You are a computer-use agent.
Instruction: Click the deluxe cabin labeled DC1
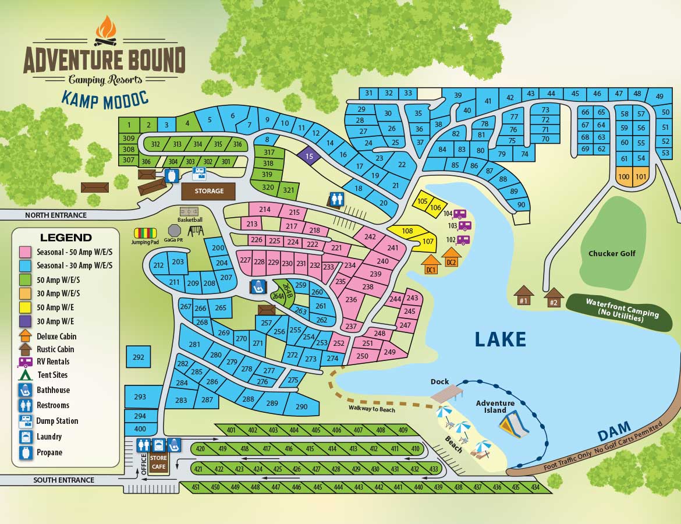click(x=431, y=264)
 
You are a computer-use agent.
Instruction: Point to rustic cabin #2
click(x=554, y=297)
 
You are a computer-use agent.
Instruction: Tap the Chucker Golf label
click(x=612, y=253)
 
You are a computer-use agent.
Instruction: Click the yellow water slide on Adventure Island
click(x=514, y=423)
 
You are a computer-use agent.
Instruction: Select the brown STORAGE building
click(x=208, y=191)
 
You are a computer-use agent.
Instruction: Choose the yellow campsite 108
click(x=407, y=231)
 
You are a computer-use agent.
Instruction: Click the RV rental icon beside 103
click(x=464, y=226)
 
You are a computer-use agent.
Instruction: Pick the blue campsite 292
click(x=138, y=357)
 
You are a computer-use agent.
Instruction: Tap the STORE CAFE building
click(x=158, y=462)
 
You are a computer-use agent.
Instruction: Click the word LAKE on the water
click(x=500, y=339)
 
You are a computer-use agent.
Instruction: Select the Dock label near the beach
click(x=439, y=382)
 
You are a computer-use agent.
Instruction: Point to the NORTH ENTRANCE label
click(x=55, y=215)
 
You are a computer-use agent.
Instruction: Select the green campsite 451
click(x=196, y=487)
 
